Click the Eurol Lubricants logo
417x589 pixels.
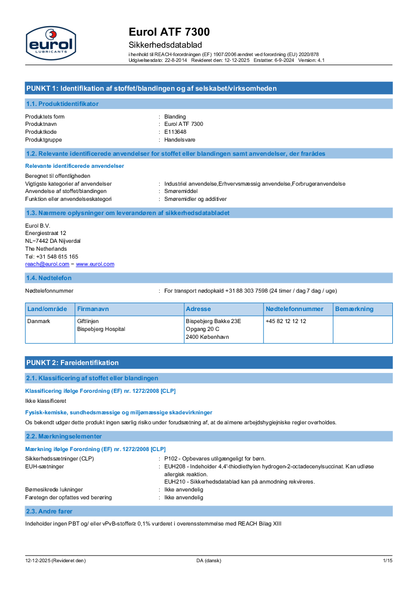pos(50,43)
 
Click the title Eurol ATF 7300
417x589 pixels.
pos(169,32)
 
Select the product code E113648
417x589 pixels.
pos(175,132)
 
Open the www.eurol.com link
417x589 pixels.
pos(95,264)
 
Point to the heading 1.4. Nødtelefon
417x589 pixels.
pos(49,278)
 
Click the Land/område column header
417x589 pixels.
pos(47,309)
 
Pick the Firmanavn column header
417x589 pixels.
pos(93,309)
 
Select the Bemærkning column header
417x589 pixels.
pos(354,309)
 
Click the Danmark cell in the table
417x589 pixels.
pos(39,321)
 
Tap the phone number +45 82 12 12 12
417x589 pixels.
pos(286,321)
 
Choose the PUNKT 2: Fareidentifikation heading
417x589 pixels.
pos(72,362)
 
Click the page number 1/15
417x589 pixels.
pos(387,561)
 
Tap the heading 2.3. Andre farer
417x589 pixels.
pos(49,511)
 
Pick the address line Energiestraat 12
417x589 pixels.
pos(46,233)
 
